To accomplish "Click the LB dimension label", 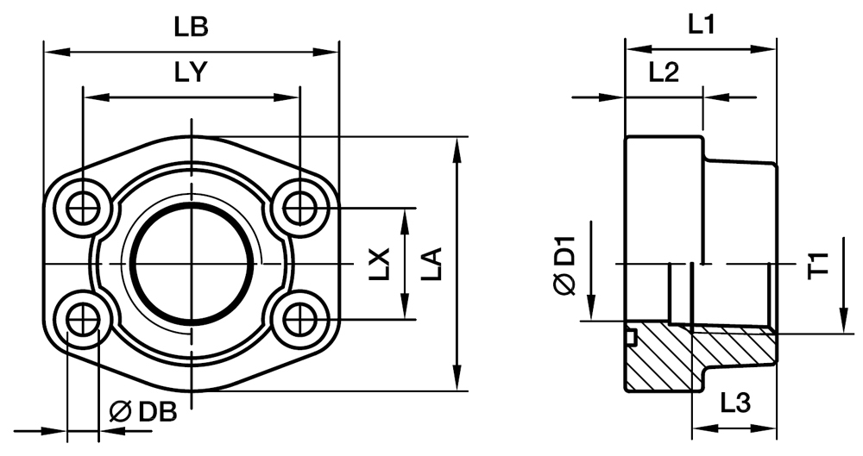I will click(191, 27).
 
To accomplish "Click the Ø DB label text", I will click(144, 412).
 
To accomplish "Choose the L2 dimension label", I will click(664, 73).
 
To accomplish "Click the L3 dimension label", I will click(734, 402).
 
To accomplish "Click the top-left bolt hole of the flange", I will click(83, 208).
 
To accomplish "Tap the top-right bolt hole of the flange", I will click(299, 208).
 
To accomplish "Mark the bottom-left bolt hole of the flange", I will click(83, 320).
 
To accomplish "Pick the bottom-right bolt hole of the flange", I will click(299, 320).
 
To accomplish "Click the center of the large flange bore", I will click(192, 264).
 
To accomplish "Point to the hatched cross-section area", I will click(690, 358).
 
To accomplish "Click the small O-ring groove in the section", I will click(631, 335).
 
